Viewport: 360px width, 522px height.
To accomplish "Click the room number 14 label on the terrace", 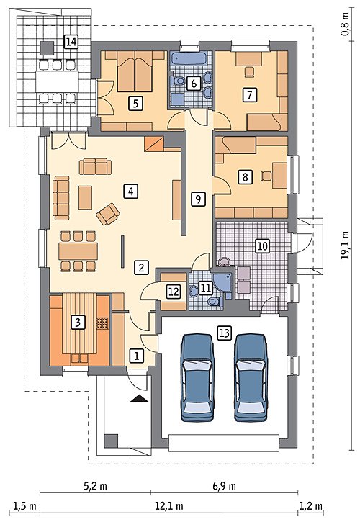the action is (x=71, y=42).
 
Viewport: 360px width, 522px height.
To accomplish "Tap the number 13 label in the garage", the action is (x=225, y=333).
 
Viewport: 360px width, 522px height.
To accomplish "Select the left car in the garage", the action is (x=197, y=377).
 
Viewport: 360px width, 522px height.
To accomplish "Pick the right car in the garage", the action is (x=251, y=377).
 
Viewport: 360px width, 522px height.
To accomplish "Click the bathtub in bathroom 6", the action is (x=188, y=58).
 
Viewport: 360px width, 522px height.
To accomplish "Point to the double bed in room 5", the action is (x=135, y=71).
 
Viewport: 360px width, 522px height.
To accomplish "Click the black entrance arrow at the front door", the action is (x=139, y=398).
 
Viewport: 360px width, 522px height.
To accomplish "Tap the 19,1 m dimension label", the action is (x=346, y=245).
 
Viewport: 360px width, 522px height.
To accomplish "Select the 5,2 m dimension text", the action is (x=95, y=486).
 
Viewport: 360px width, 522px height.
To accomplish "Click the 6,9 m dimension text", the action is (x=225, y=486).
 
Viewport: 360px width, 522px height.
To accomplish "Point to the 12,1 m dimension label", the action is (x=169, y=507).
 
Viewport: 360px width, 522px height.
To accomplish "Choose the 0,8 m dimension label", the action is (x=346, y=24).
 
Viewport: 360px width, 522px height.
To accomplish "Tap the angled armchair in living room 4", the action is (x=108, y=214).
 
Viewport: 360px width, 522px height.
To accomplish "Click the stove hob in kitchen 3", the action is (x=102, y=323).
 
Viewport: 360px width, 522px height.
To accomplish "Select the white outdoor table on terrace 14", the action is (x=58, y=81).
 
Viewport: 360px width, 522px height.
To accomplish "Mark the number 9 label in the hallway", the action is (x=198, y=199).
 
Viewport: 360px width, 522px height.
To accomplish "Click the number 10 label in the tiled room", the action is (x=262, y=246).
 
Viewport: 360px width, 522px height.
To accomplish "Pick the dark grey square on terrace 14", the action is (x=47, y=48).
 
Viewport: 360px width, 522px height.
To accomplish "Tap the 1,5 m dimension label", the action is (x=24, y=507).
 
